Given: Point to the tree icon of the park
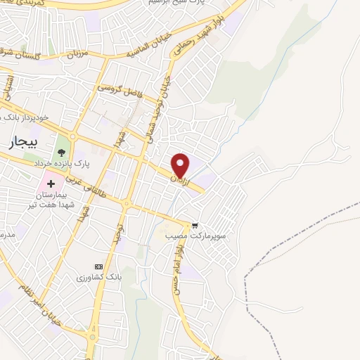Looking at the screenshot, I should coord(62,150).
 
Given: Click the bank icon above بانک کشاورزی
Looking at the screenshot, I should coord(98,266).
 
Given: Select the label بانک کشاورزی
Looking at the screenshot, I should coord(100,278).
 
